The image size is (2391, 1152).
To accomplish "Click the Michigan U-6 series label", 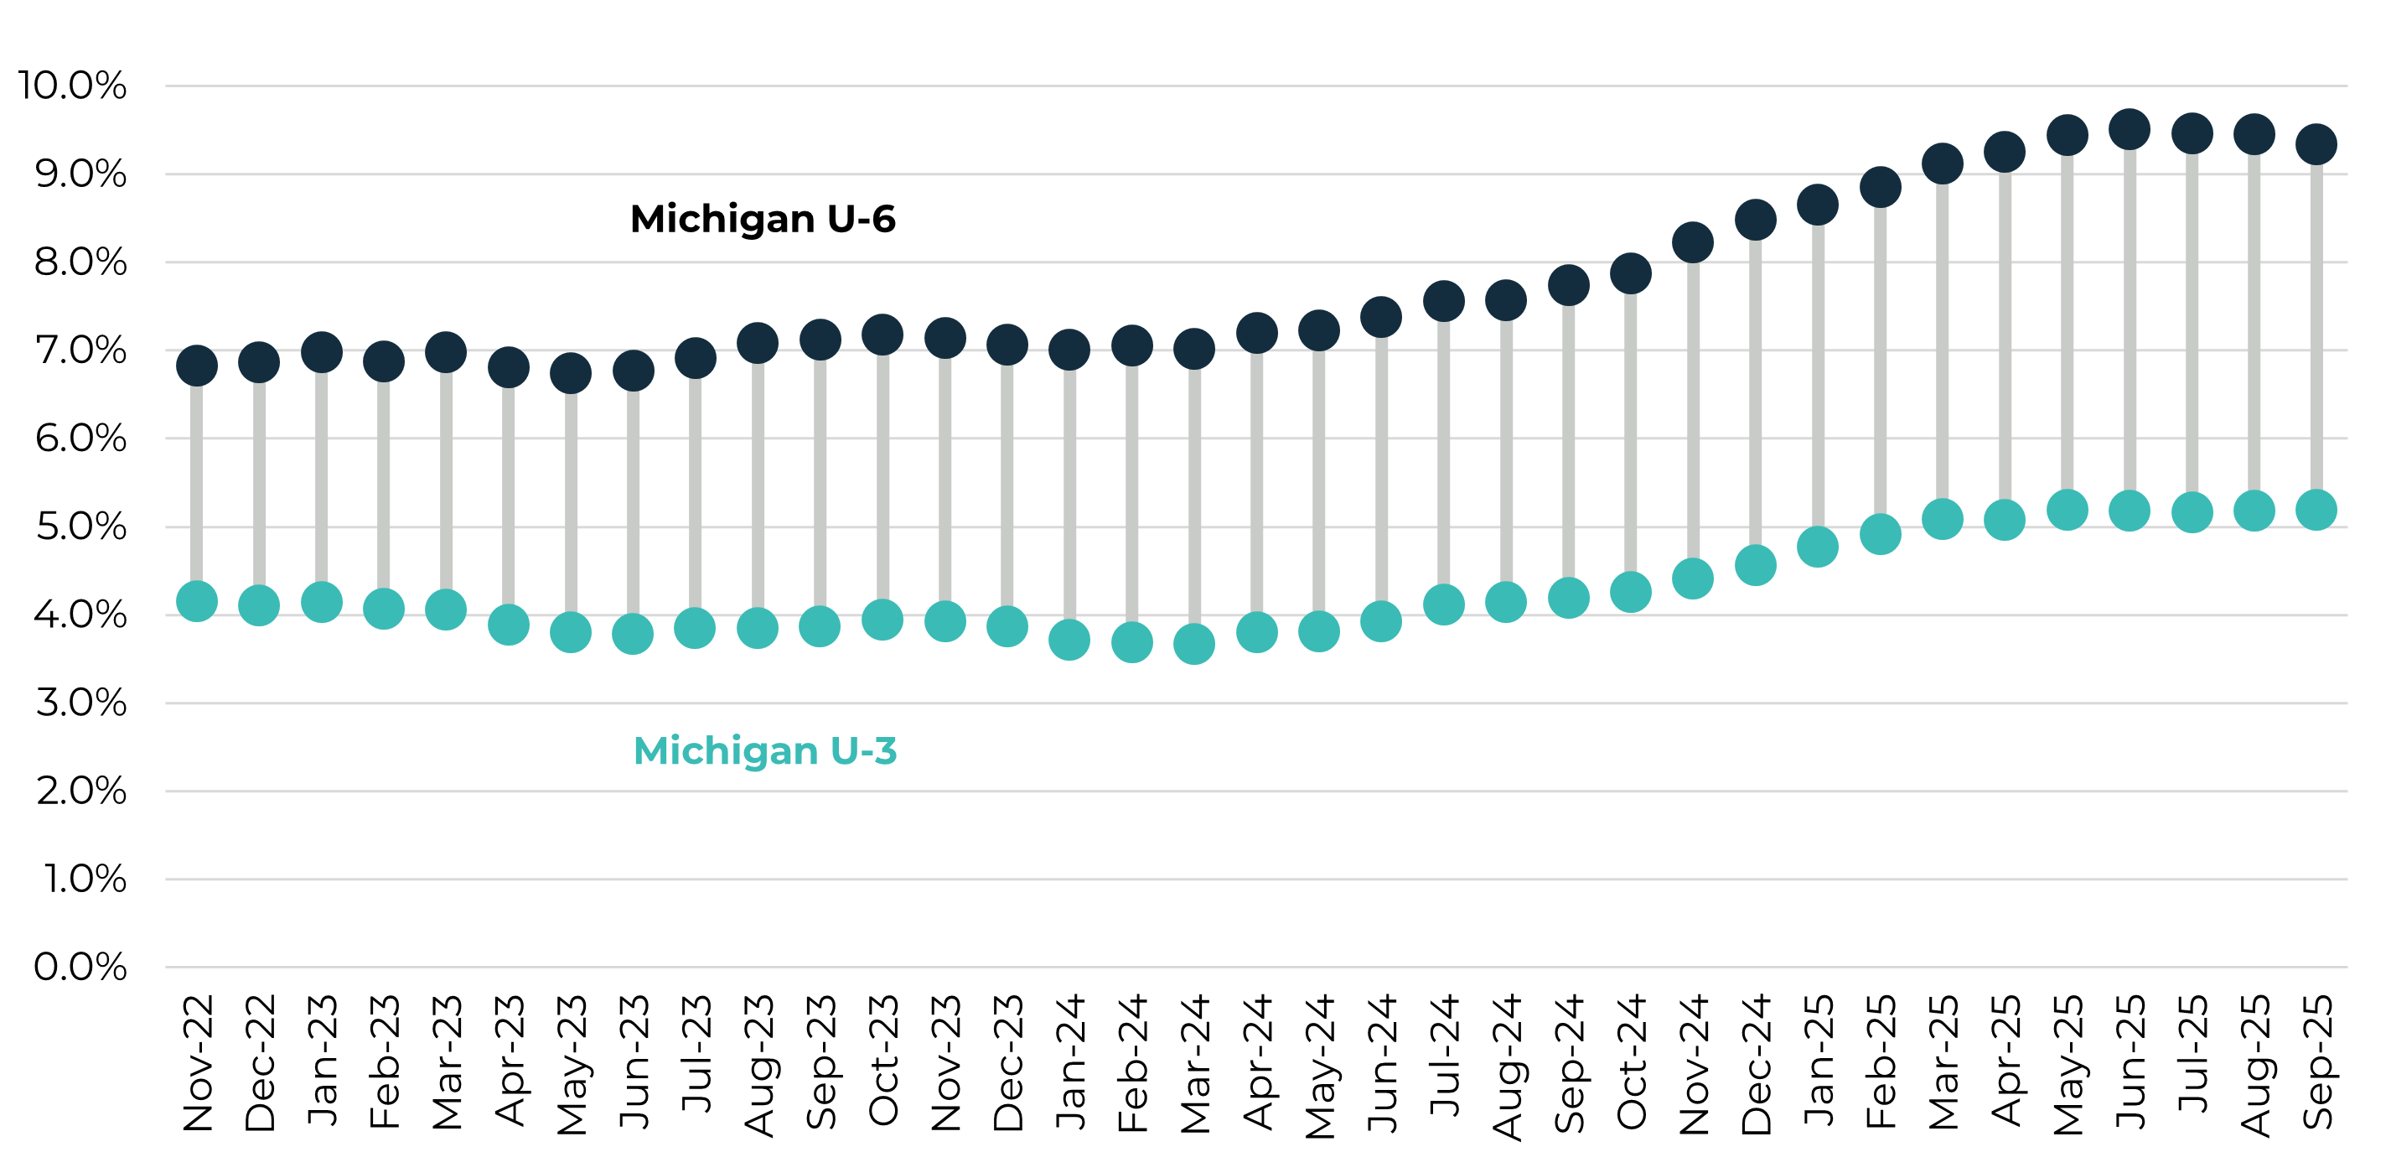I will click(762, 219).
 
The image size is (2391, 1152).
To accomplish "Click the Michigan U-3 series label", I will click(765, 750).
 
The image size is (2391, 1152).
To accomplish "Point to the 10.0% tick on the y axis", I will click(72, 86).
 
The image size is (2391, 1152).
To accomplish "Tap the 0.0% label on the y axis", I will click(80, 967).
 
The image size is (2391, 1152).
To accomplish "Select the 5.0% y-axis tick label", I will click(80, 527).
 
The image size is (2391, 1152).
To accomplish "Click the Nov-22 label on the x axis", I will click(198, 1062).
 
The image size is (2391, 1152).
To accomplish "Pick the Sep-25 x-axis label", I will click(2316, 1062).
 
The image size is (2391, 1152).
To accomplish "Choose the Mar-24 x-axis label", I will click(1194, 1062).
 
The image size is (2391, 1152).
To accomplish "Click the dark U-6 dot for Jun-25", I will click(2130, 129).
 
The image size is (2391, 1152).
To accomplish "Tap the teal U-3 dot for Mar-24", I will click(1193, 643).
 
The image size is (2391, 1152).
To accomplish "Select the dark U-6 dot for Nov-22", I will click(197, 365).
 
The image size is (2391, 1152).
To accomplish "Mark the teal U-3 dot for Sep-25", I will click(2316, 510).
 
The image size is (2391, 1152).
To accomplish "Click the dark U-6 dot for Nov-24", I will click(1692, 242).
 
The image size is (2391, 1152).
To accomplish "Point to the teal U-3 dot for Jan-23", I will click(321, 601).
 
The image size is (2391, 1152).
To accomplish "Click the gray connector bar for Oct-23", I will click(882, 478).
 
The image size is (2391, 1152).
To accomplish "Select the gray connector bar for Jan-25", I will click(1818, 376).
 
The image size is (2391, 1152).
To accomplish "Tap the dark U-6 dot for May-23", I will click(570, 373).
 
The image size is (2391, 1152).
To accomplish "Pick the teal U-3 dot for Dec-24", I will click(1755, 564).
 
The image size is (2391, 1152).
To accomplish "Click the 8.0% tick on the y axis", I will click(80, 262).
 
